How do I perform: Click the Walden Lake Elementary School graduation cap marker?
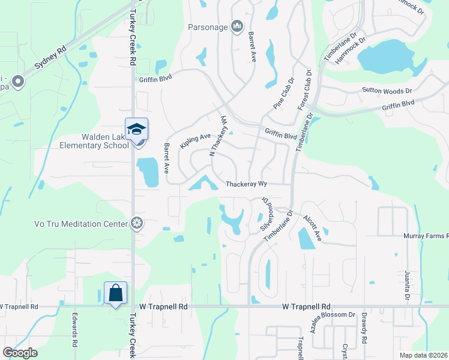[136, 129]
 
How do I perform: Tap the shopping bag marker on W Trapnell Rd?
[115, 293]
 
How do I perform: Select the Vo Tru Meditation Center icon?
[137, 224]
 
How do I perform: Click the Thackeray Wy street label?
[246, 184]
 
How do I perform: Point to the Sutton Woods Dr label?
[387, 91]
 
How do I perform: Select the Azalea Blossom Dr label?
[325, 314]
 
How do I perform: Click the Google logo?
[20, 353]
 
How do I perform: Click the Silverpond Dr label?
[266, 215]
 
